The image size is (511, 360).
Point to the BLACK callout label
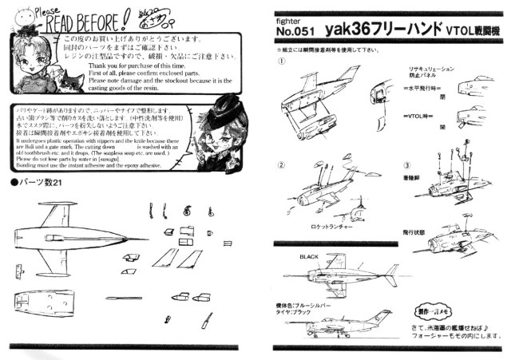(309, 256)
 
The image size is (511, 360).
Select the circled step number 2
(281, 165)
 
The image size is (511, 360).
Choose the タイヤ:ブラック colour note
(299, 314)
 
